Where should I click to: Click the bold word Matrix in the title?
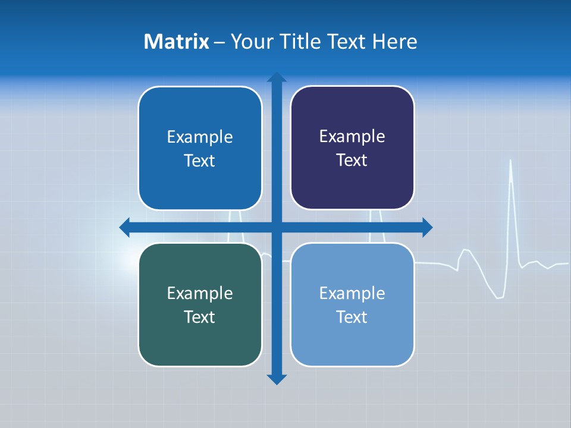tap(177, 42)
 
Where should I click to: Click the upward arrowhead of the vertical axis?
tap(277, 77)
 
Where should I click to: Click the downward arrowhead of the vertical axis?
tap(277, 379)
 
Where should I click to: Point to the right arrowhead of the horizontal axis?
tap(427, 227)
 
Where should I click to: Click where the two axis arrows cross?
tap(277, 227)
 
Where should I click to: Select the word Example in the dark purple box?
tap(352, 136)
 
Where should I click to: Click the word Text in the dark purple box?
tap(352, 160)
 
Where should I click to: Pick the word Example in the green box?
tap(200, 293)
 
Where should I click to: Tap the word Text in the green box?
tap(200, 317)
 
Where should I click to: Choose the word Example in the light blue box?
tap(352, 293)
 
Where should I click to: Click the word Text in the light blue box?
tap(352, 317)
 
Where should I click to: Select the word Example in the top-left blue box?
tap(200, 137)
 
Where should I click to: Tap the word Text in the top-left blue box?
tap(200, 160)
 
